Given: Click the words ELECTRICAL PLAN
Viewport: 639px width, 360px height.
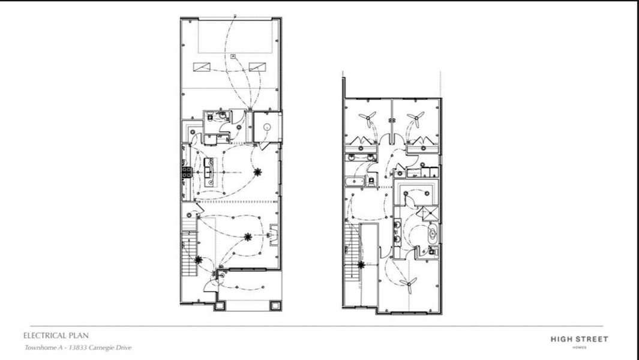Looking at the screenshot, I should pyautogui.click(x=56, y=336).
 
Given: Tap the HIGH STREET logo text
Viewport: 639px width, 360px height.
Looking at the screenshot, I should pyautogui.click(x=579, y=340).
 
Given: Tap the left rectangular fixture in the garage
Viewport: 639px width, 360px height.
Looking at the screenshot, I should pyautogui.click(x=201, y=67).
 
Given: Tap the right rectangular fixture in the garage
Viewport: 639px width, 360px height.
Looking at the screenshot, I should pyautogui.click(x=257, y=67).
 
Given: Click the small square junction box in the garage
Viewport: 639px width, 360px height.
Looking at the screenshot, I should pyautogui.click(x=232, y=56).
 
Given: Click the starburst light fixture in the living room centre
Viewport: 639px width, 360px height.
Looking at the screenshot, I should pyautogui.click(x=247, y=236).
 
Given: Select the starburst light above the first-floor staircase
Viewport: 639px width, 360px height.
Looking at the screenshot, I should pyautogui.click(x=199, y=259).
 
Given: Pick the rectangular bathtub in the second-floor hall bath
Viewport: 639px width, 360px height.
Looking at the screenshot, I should pyautogui.click(x=356, y=180).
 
